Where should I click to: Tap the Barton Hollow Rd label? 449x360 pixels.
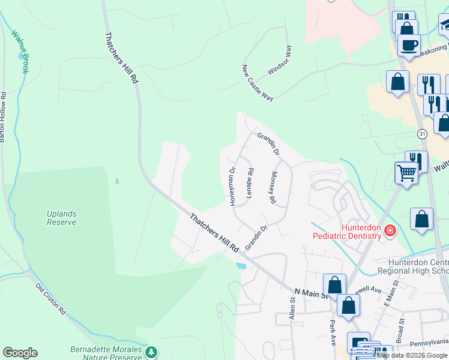tap(3, 117)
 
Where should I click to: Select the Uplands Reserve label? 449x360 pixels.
tap(62, 218)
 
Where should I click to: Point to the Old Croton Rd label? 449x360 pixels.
tap(50, 300)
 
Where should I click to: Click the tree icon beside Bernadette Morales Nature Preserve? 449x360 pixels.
tap(152, 351)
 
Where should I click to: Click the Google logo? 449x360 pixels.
tap(20, 353)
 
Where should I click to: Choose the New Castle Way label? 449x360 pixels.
tap(258, 83)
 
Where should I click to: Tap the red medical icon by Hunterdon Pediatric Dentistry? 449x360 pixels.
tap(390, 230)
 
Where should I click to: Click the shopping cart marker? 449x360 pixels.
tap(407, 173)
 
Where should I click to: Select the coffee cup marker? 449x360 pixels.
tap(409, 44)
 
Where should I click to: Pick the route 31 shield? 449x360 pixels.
tap(423, 133)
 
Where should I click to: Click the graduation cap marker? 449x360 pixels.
tap(445, 25)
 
